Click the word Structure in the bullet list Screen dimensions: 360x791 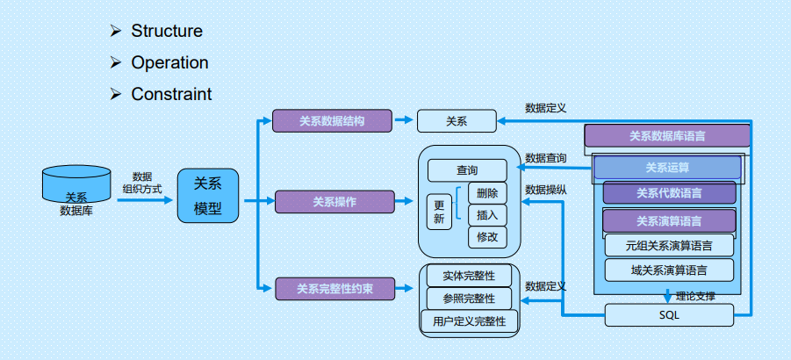166,32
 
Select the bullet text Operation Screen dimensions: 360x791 169,63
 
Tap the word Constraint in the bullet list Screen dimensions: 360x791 171,94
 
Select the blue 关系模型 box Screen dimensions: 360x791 208,196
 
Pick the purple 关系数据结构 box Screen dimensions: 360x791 331,120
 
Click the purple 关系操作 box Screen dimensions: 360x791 334,202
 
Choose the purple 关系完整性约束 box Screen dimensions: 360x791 334,287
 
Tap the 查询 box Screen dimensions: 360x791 467,170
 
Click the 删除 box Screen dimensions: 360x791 487,193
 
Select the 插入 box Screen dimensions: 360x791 487,215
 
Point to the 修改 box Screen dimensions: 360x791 487,237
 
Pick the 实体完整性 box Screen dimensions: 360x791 469,276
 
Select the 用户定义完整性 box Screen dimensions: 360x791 469,321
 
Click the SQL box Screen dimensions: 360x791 669,314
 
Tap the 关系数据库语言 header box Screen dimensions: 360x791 667,136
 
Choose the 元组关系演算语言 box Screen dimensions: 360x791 669,245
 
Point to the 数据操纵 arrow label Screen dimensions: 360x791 545,189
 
